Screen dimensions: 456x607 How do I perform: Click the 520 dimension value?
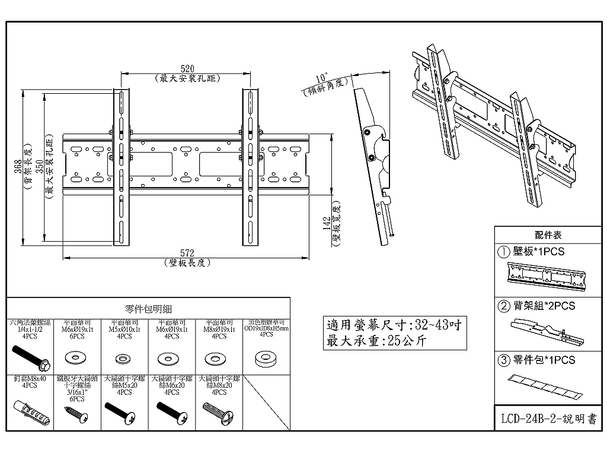(187, 69)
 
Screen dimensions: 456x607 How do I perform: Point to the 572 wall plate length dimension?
(187, 254)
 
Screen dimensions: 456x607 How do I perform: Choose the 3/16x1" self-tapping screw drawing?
(76, 414)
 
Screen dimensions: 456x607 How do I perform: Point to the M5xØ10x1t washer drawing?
(124, 359)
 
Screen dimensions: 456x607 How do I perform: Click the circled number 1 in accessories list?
(504, 252)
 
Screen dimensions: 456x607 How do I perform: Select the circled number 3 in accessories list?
(504, 360)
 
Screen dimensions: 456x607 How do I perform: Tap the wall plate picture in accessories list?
(545, 277)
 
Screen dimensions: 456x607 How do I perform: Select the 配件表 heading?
(548, 235)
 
